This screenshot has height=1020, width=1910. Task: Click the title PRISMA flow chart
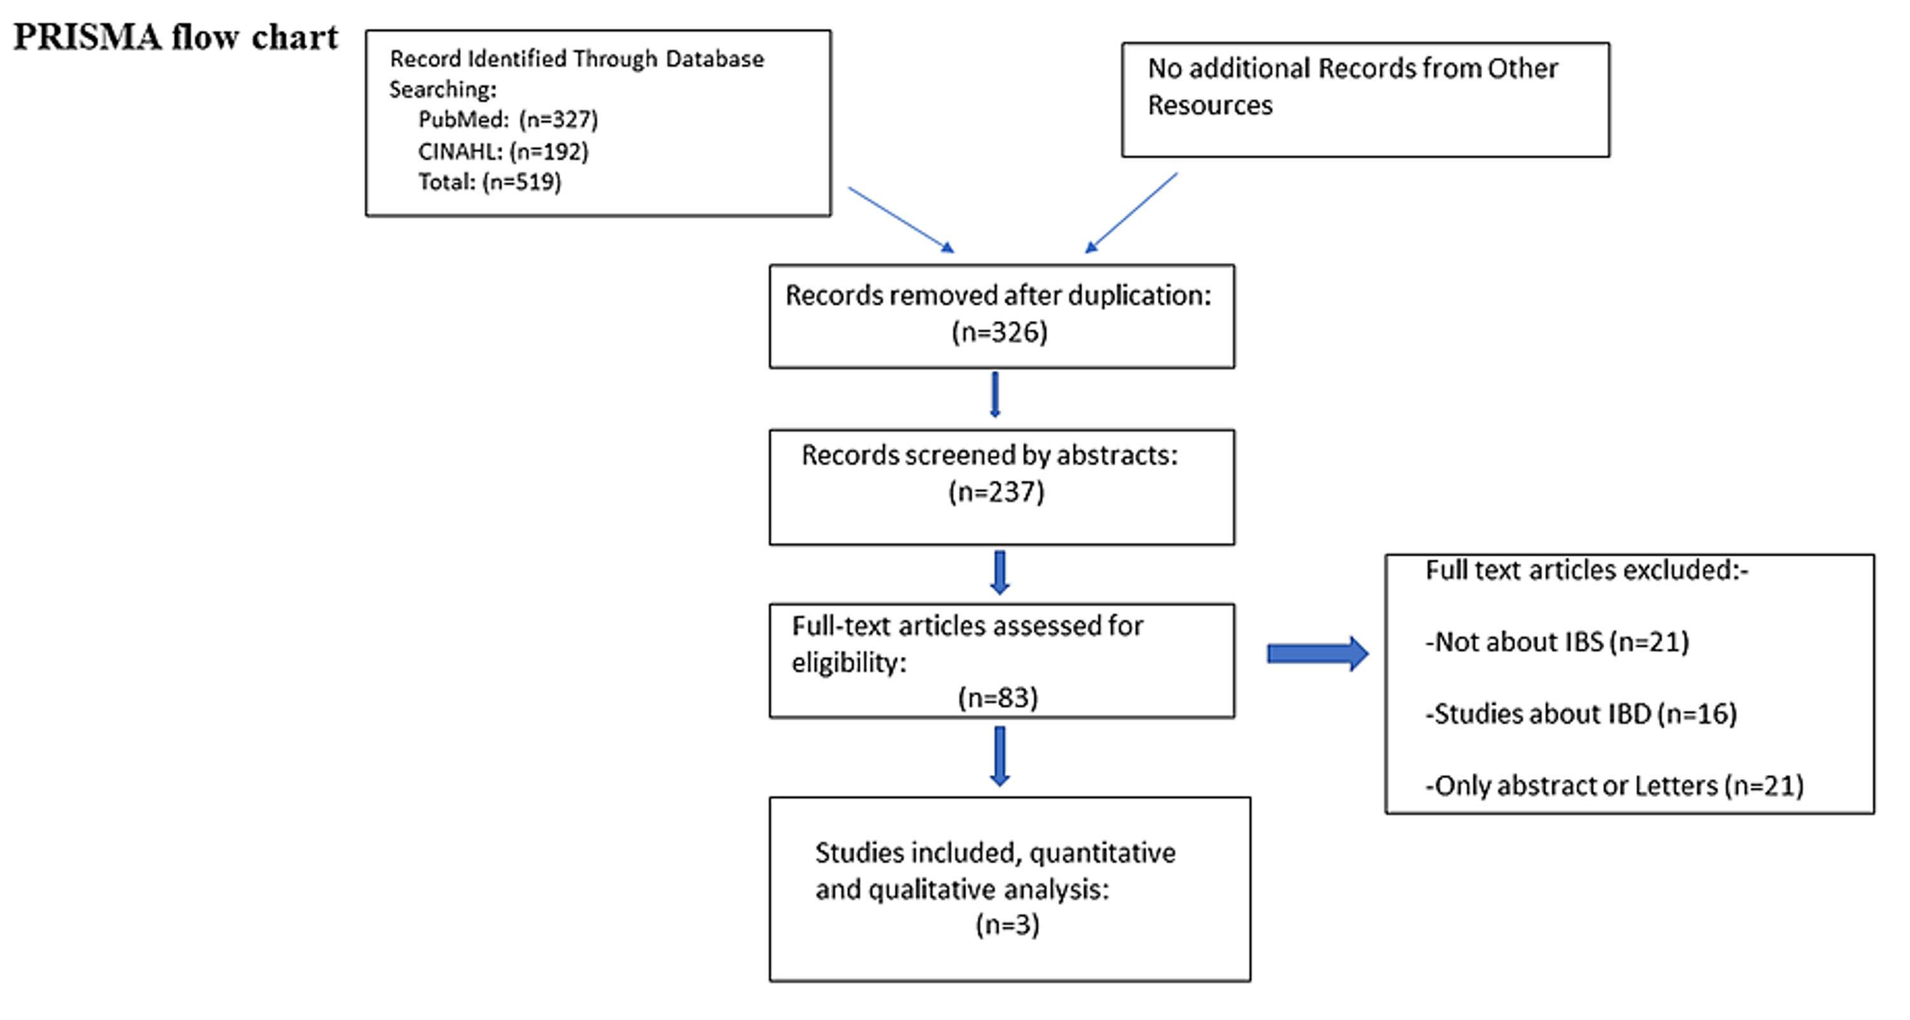click(x=176, y=37)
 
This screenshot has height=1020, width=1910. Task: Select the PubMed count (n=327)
click(x=558, y=119)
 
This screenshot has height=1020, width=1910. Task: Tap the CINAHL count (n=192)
click(x=549, y=152)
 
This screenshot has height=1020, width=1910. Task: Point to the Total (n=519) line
click(x=490, y=182)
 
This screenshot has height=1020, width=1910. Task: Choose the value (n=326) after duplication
click(x=999, y=333)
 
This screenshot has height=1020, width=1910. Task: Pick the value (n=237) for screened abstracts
click(x=996, y=492)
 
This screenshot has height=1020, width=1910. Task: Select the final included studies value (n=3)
click(x=1007, y=925)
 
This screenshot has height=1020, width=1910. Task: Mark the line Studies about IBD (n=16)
click(x=1580, y=714)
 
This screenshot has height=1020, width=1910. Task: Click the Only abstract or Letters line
click(x=1613, y=786)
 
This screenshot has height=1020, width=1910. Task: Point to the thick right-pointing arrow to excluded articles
click(x=1317, y=654)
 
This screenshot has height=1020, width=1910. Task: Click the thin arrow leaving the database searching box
click(x=900, y=220)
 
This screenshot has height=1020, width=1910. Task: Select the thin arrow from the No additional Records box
click(x=1131, y=213)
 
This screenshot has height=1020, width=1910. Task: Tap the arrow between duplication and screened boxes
click(x=995, y=394)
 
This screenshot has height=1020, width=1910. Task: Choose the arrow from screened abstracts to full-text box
click(x=1000, y=572)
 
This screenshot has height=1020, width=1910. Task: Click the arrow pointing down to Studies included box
click(x=1000, y=756)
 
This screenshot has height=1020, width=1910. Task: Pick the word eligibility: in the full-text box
click(x=849, y=663)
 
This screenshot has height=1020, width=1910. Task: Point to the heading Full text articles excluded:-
click(x=1586, y=570)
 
